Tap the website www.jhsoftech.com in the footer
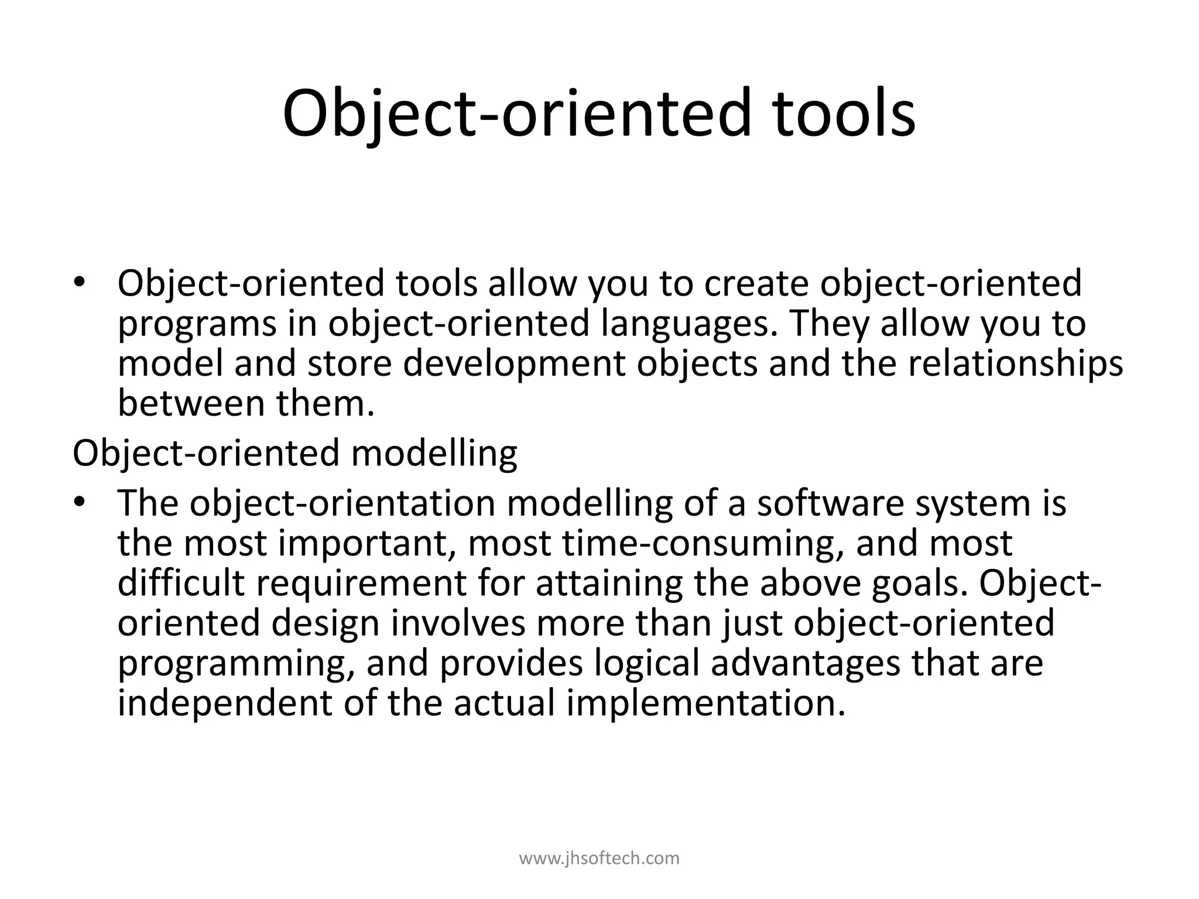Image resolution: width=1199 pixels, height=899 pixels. (599, 859)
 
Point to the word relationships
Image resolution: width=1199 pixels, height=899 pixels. (1015, 363)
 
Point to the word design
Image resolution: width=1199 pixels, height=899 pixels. (326, 623)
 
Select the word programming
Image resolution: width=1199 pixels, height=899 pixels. (236, 664)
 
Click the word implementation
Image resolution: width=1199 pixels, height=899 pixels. (705, 704)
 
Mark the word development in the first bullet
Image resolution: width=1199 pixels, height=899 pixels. (514, 364)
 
